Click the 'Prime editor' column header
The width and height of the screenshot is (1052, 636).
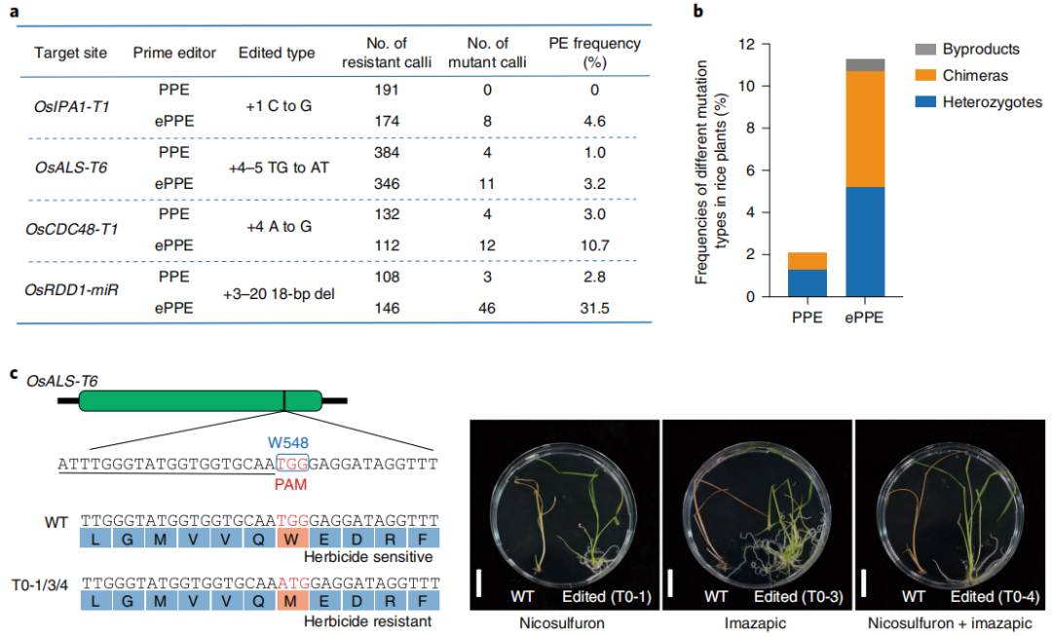coord(174,53)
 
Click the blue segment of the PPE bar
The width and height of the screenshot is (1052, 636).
coord(807,283)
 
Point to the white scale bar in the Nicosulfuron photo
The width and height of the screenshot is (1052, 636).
coord(478,583)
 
